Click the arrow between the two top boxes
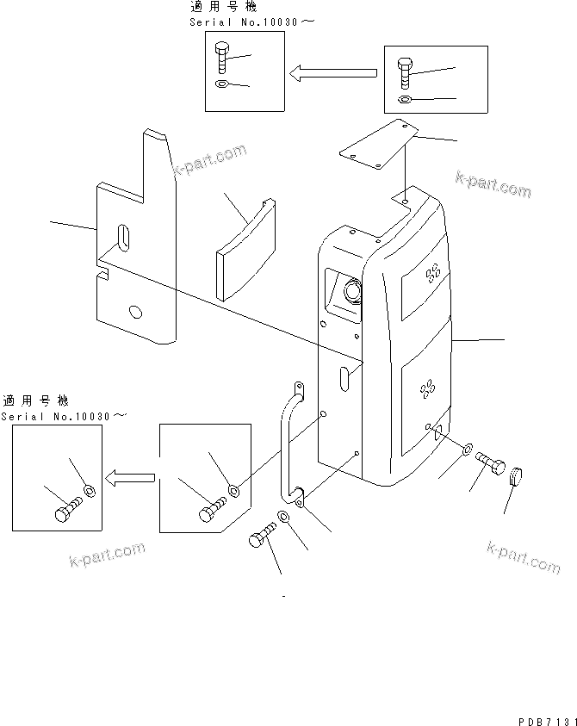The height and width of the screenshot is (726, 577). pyautogui.click(x=333, y=75)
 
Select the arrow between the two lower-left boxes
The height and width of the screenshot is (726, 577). pyautogui.click(x=130, y=476)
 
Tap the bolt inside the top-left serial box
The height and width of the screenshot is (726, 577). pyautogui.click(x=222, y=59)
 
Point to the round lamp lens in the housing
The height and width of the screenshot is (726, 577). pyautogui.click(x=352, y=293)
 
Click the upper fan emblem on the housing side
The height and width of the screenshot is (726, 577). pyautogui.click(x=431, y=275)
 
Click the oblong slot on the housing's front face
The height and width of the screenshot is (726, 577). pyautogui.click(x=344, y=379)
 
